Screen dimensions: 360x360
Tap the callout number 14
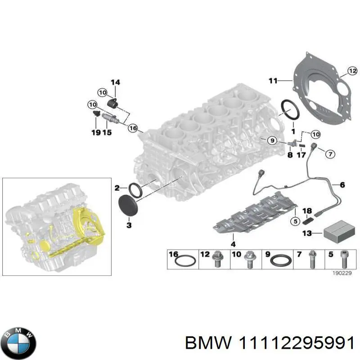click(x=115, y=82)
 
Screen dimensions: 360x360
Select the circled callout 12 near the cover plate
click(x=352, y=71)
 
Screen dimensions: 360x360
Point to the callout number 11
click(x=273, y=81)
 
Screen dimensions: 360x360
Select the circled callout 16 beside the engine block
click(x=133, y=128)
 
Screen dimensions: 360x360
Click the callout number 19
click(x=95, y=132)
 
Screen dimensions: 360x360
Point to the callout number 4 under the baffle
click(x=233, y=244)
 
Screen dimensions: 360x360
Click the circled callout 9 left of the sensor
click(x=271, y=141)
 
